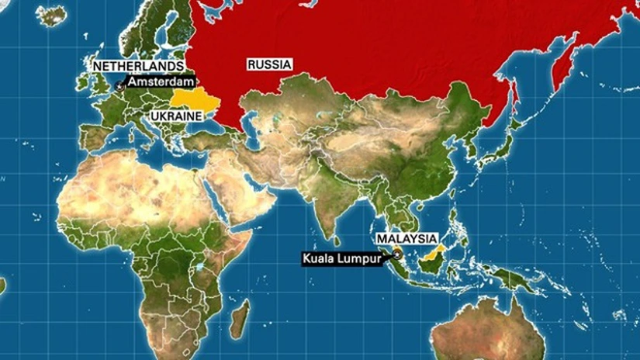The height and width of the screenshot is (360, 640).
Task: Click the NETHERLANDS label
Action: [139, 67]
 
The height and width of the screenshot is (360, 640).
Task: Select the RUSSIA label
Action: [269, 65]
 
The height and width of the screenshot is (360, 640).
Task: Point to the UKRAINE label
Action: [175, 115]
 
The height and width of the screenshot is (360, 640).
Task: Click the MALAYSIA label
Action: [406, 238]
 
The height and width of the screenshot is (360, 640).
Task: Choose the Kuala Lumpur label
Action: [341, 259]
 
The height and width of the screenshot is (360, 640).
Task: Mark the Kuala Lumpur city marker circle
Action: [397, 254]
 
